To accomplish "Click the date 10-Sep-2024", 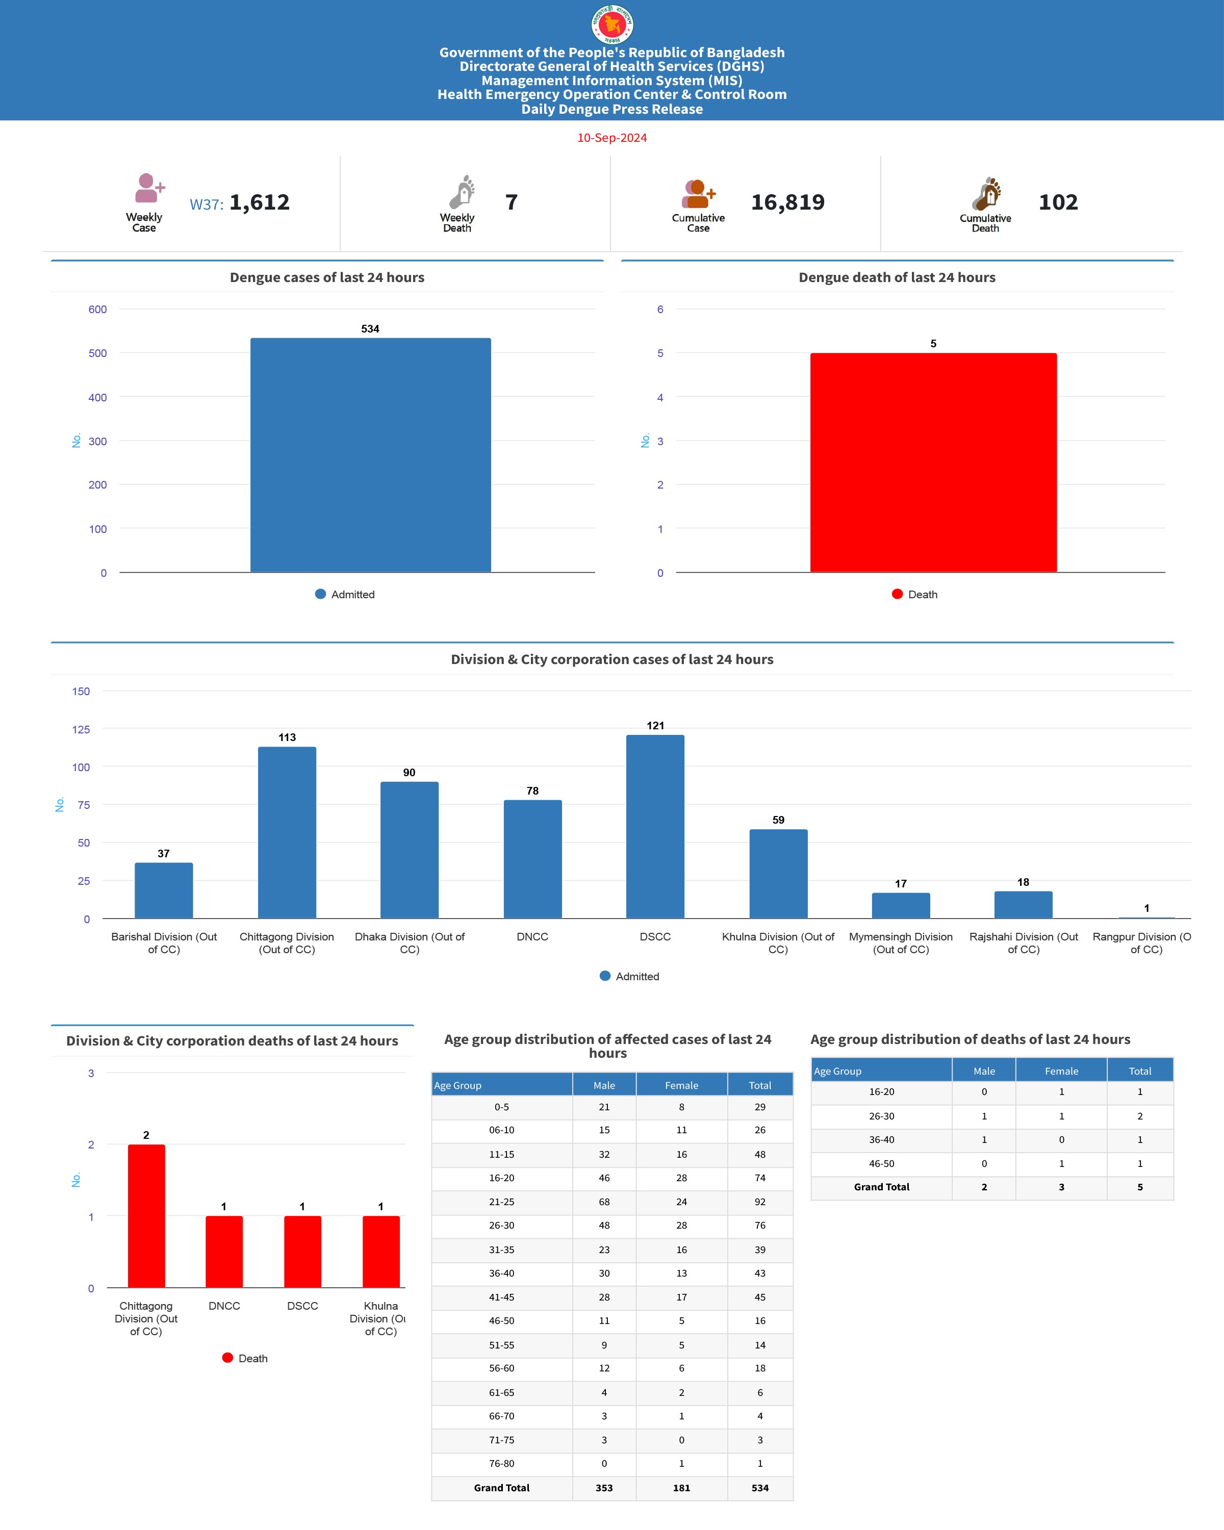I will coord(611,138).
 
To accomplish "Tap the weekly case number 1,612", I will coord(259,202).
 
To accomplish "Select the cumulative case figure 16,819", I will coord(787,202).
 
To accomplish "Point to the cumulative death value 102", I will coord(1058,202).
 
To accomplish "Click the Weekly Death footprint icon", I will coord(462,192).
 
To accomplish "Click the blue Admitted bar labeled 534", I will coord(370,454).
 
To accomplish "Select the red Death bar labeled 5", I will coord(933,461).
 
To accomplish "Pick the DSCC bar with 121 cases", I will coord(655,827).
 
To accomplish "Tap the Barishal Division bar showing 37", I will coord(164,890).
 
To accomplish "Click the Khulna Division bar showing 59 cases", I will coord(778,874).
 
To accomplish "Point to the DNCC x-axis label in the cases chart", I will coord(532,937).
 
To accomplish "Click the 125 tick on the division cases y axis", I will coord(81,729).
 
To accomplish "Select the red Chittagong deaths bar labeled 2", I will coord(146,1216).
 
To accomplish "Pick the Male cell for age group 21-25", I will coord(604,1202).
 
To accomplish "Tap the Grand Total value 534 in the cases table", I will coord(760,1488).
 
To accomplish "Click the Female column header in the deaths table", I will coord(1061,1071).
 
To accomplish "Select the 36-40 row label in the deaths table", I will coord(881,1140).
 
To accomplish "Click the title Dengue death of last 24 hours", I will coord(897,277).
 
